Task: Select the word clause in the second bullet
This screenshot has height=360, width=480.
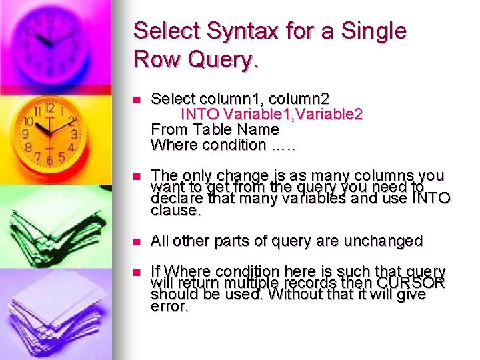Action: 175,211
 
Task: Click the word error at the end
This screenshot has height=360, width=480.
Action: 170,307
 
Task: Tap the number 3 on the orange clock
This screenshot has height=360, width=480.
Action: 75,134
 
